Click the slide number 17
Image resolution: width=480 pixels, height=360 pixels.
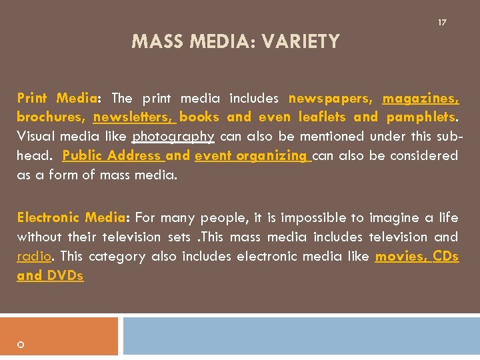point(442,23)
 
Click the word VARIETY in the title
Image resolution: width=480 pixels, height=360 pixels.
point(301,43)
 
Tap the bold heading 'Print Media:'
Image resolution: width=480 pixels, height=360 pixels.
point(58,98)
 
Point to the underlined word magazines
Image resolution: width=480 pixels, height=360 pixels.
point(420,99)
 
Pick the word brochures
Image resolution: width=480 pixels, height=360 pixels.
point(51,117)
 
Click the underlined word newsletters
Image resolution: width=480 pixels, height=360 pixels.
point(133,117)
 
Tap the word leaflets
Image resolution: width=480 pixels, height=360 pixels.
point(323,117)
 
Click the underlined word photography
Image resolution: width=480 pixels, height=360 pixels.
point(173,137)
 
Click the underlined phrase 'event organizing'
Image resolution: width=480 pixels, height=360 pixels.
point(251,156)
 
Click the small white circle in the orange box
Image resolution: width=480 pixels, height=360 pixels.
point(21,345)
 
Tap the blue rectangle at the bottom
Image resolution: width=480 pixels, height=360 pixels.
point(301,336)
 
